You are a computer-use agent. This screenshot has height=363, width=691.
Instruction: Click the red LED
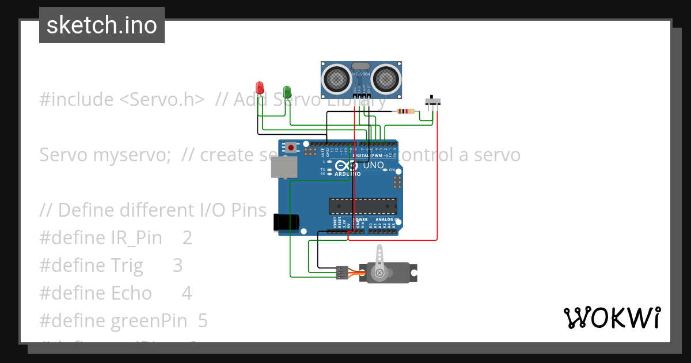coord(260,88)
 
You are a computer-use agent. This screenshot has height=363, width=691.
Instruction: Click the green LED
coord(287,91)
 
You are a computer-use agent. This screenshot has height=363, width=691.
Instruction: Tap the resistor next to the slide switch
coord(407,111)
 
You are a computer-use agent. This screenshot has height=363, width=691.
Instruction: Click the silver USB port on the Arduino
coord(284,167)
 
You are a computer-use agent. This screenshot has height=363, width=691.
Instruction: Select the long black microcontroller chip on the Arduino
coord(363,206)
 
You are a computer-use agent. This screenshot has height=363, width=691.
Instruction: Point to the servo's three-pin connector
coord(342,273)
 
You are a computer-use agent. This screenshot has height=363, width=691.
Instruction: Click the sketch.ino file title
coord(102,25)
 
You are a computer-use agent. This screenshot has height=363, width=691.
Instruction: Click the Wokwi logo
coord(612,318)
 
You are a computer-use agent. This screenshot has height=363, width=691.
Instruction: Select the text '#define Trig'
coord(91,265)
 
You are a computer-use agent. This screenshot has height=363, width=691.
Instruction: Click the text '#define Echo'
coord(95,293)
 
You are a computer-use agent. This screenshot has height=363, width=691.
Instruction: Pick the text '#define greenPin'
coord(115,320)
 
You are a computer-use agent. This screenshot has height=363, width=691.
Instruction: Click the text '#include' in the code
coord(76,100)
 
